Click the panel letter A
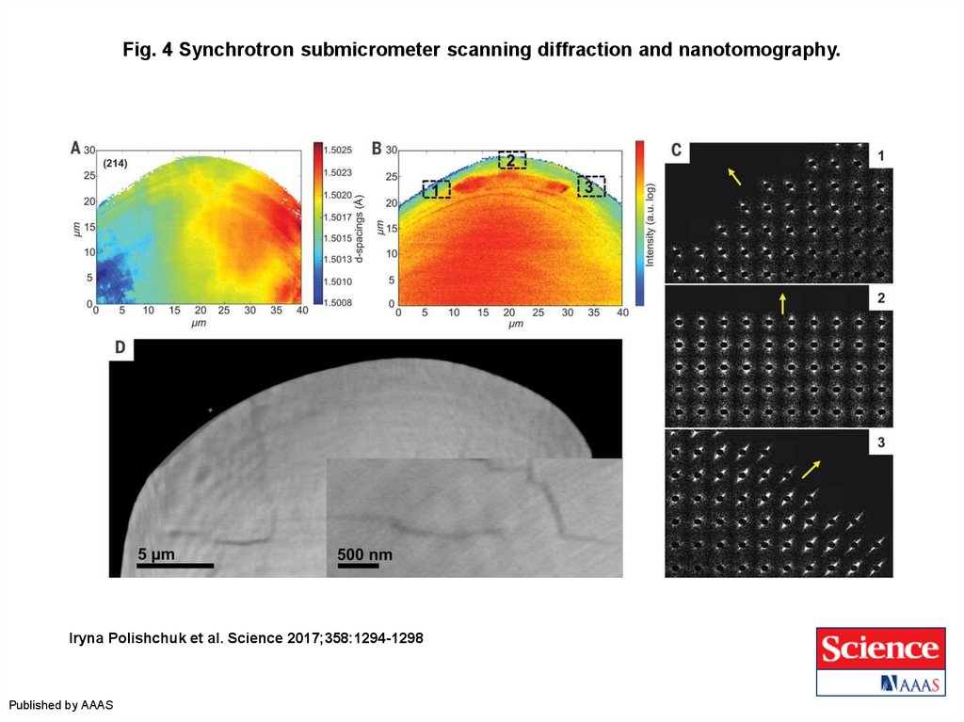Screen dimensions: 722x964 pyautogui.click(x=75, y=148)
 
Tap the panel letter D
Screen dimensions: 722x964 pyautogui.click(x=120, y=348)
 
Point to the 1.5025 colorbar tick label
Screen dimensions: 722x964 pyautogui.click(x=338, y=150)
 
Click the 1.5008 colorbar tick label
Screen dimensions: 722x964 pyautogui.click(x=338, y=302)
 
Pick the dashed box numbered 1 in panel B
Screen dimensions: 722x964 pyautogui.click(x=436, y=189)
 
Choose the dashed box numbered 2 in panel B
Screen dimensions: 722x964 pyautogui.click(x=512, y=159)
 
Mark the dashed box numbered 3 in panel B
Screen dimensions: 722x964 pyautogui.click(x=590, y=185)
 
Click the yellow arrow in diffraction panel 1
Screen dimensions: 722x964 pyautogui.click(x=732, y=175)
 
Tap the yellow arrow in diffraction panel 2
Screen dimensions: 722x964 pyautogui.click(x=781, y=303)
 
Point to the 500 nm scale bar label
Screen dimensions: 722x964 pyautogui.click(x=364, y=555)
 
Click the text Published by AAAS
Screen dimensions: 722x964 pyautogui.click(x=61, y=705)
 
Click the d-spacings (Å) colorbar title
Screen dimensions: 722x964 pyautogui.click(x=361, y=222)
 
